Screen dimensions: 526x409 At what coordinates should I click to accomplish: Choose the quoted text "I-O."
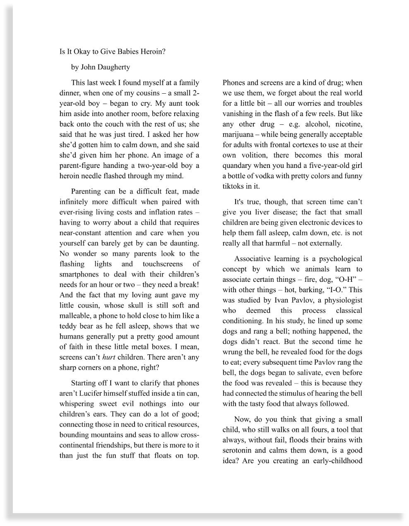click(x=338, y=290)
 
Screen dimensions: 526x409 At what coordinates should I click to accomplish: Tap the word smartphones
click(x=79, y=274)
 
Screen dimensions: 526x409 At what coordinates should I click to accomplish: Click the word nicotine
click(x=347, y=124)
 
